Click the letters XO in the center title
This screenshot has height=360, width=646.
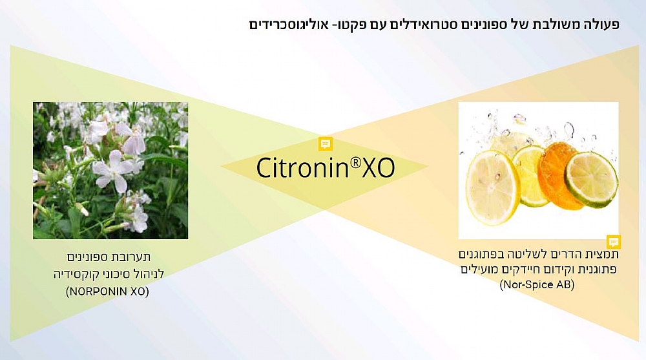click(378, 168)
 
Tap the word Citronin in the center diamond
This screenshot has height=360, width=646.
click(303, 167)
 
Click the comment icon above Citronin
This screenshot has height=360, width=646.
click(326, 144)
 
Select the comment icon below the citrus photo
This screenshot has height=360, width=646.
click(614, 242)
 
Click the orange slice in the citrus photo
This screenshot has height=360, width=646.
click(558, 175)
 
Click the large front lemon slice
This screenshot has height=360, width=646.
click(492, 187)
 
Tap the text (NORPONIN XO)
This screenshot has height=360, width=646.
click(107, 291)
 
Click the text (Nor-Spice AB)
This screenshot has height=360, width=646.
click(537, 284)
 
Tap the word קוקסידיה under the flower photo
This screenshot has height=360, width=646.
click(74, 274)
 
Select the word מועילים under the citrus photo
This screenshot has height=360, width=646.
click(479, 270)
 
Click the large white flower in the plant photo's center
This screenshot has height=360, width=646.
click(112, 170)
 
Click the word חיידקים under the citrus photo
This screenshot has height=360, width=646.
click(521, 270)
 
